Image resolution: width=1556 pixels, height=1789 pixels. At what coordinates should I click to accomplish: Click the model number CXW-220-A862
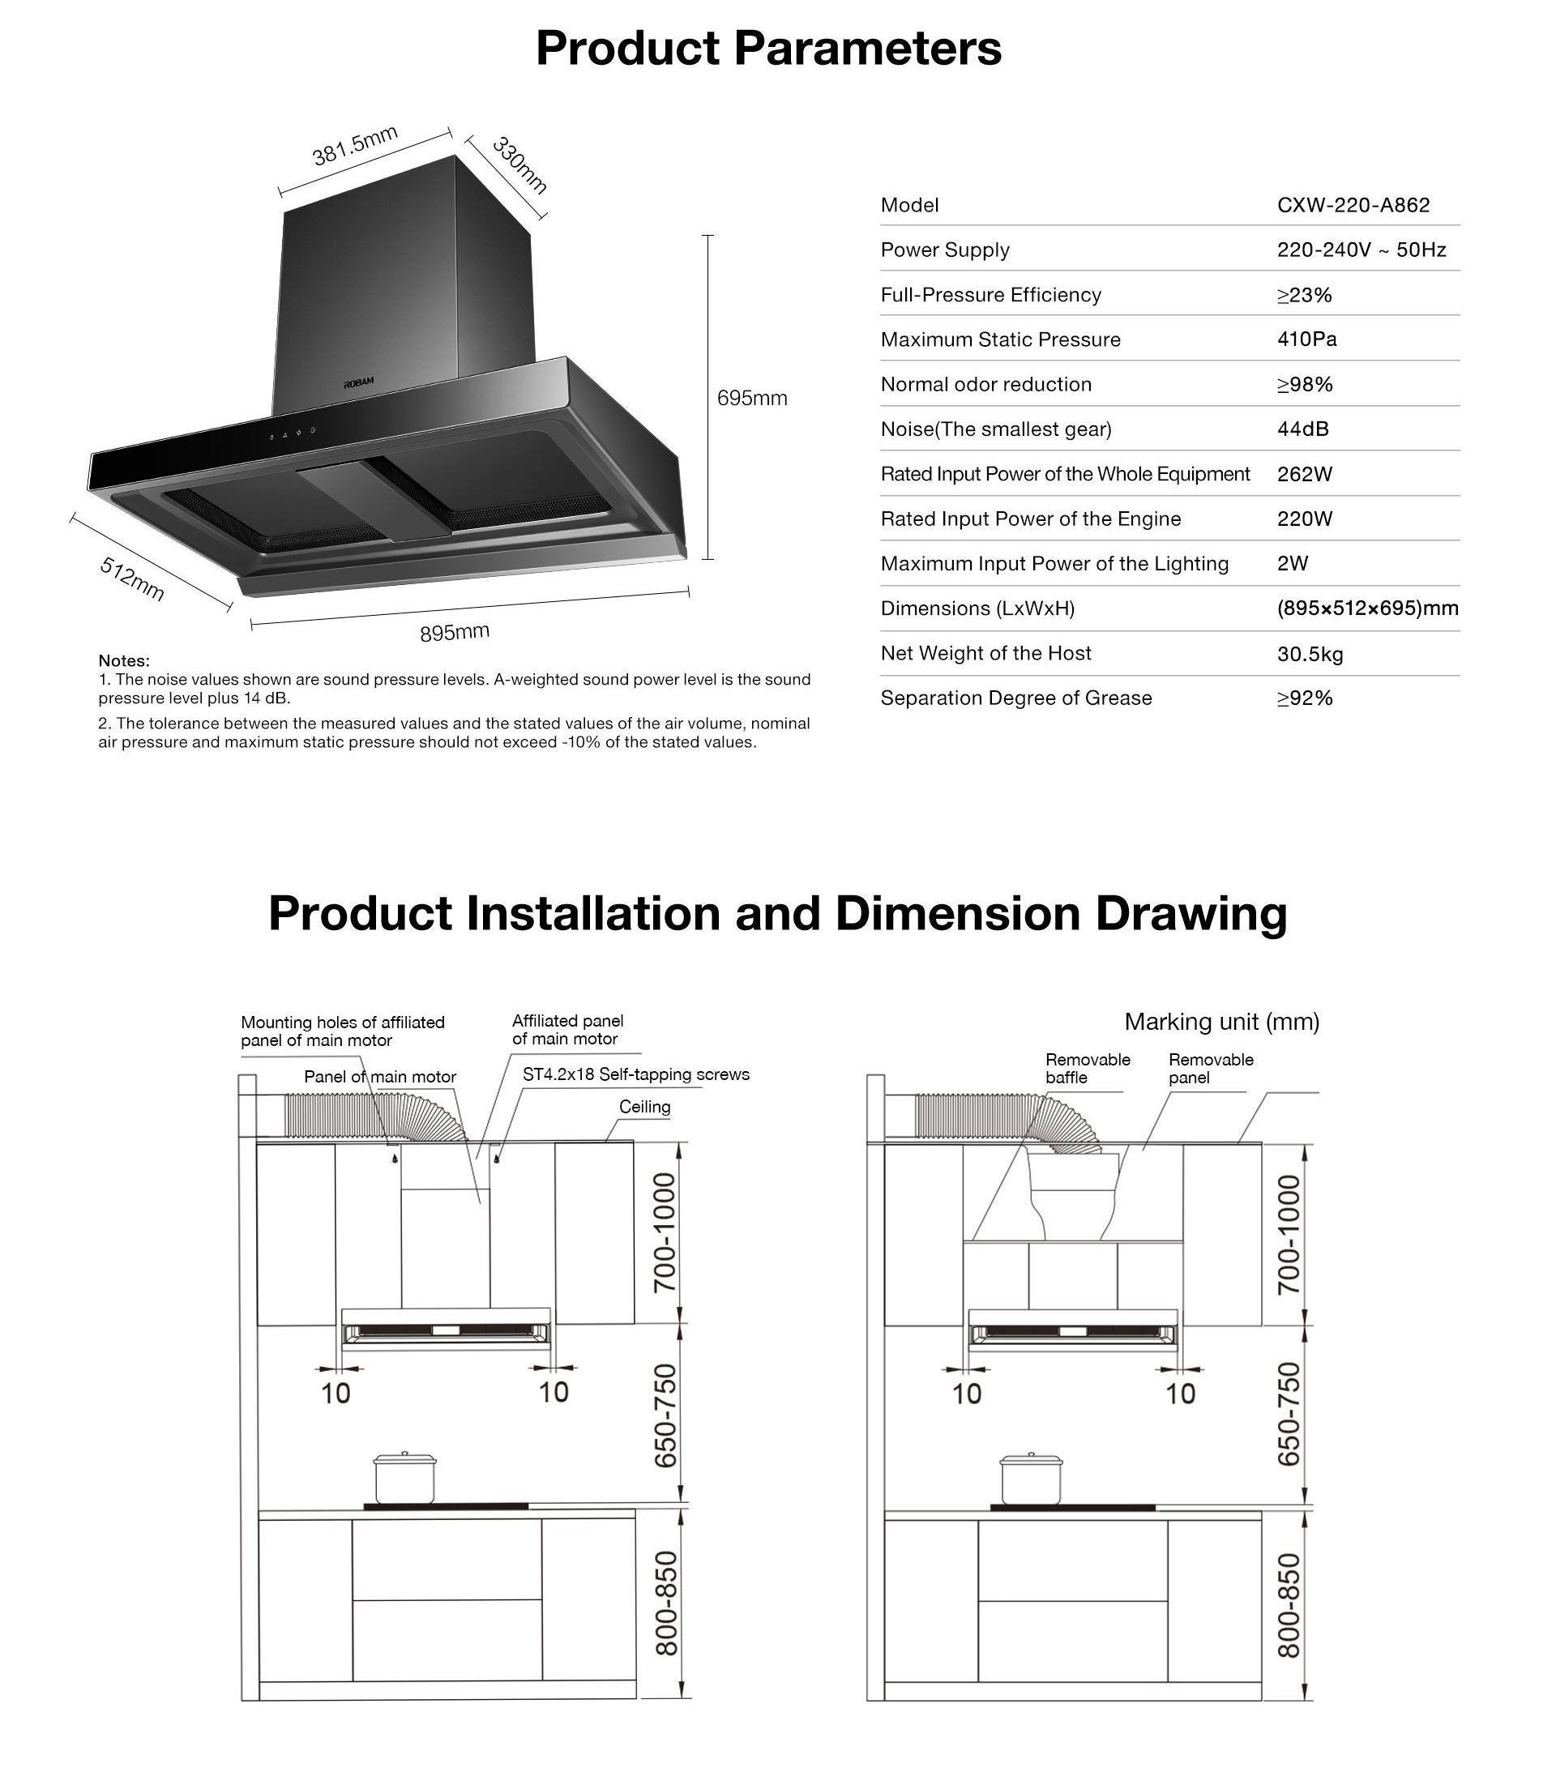(1353, 205)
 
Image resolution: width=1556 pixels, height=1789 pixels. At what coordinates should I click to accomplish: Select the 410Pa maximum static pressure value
(1306, 339)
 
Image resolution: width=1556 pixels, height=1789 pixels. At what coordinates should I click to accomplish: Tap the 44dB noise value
(1302, 429)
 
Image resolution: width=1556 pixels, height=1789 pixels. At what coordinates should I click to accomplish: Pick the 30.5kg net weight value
(1310, 654)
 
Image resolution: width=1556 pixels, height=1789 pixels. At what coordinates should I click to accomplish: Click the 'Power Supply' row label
(945, 250)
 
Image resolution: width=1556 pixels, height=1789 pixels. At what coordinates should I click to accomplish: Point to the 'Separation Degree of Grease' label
(1016, 698)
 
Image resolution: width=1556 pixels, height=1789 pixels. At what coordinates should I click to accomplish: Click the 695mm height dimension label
(752, 399)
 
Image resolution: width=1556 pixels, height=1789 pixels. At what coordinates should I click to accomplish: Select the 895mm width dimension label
(454, 632)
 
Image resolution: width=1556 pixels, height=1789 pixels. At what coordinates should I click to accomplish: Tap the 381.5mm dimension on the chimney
(355, 146)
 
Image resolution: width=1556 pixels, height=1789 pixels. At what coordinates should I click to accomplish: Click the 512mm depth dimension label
(132, 579)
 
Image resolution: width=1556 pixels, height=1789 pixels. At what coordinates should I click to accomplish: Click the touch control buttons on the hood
(292, 435)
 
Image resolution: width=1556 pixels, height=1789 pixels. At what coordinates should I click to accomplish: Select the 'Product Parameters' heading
(768, 48)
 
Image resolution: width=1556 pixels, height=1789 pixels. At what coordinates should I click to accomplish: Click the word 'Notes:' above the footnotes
(124, 660)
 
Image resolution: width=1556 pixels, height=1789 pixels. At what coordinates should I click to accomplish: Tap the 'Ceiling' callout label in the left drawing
(644, 1107)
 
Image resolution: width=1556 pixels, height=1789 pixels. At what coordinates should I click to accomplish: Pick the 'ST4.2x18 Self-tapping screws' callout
(635, 1074)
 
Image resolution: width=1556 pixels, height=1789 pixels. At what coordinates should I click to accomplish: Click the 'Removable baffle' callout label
(1087, 1069)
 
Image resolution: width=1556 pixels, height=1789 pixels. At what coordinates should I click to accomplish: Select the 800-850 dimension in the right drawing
(1289, 1606)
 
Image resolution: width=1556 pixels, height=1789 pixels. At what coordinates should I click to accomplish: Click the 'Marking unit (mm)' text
(1220, 1022)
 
